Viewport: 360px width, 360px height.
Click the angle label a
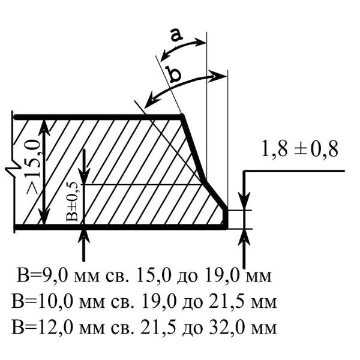point(176,35)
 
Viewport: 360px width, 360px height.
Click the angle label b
point(174,74)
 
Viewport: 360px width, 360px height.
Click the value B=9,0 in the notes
point(38,277)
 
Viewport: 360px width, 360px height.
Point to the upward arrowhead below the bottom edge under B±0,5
point(84,235)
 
